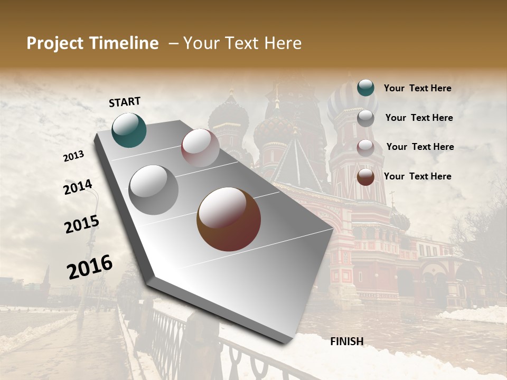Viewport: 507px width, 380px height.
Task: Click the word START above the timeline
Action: tap(125, 102)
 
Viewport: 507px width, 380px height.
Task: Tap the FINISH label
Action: tap(346, 341)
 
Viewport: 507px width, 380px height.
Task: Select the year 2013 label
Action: tap(74, 156)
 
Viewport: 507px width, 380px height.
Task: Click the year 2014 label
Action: tap(78, 187)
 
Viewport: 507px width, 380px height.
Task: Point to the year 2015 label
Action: tap(82, 224)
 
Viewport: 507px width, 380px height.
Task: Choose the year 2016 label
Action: tap(90, 267)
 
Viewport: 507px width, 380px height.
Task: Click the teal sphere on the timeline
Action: tap(129, 130)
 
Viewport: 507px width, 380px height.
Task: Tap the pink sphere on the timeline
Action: tap(200, 148)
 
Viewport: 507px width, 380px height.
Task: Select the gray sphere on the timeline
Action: tap(153, 189)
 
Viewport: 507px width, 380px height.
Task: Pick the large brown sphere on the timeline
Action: tap(229, 218)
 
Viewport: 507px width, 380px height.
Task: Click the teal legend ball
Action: tap(365, 88)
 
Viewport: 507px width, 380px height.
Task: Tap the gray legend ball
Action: tap(365, 118)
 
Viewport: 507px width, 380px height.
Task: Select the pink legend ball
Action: tap(365, 147)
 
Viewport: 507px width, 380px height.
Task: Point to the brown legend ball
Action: tap(365, 177)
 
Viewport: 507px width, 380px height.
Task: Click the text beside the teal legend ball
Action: tap(417, 89)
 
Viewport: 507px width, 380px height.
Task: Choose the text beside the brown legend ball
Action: tap(417, 176)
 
